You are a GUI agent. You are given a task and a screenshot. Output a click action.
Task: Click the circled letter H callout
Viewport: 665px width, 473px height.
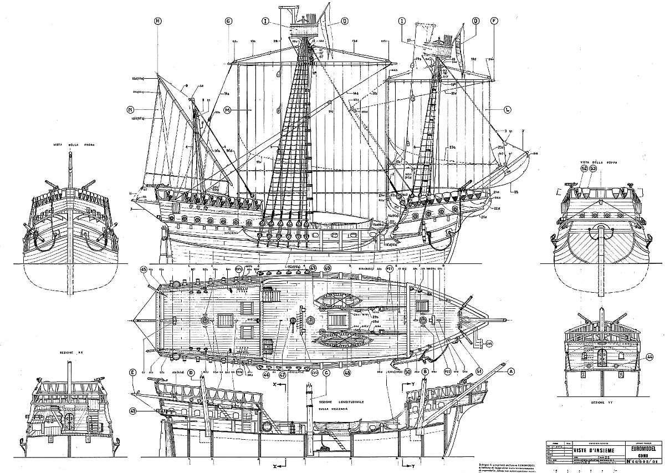click(x=158, y=21)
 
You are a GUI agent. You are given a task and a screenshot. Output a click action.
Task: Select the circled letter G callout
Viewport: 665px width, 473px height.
click(x=228, y=21)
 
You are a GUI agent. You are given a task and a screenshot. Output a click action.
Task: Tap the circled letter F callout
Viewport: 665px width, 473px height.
click(x=493, y=21)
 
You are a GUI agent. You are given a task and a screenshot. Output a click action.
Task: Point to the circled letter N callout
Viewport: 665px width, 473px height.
click(x=131, y=109)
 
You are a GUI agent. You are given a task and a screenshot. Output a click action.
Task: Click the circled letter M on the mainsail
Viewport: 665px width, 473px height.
click(x=227, y=109)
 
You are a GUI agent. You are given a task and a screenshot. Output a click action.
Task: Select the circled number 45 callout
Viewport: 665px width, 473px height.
click(x=144, y=270)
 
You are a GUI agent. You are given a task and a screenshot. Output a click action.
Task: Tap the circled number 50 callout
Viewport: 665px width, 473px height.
click(x=408, y=372)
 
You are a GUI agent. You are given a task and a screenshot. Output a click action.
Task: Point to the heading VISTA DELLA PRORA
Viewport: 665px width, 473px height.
click(x=74, y=145)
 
